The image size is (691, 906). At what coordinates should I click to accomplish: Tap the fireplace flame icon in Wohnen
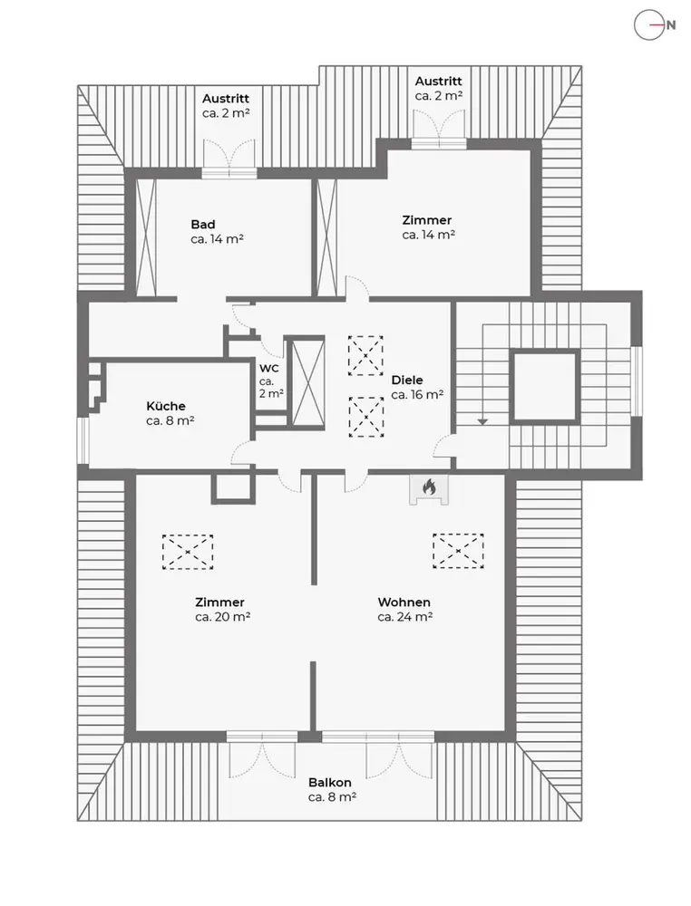coord(429,488)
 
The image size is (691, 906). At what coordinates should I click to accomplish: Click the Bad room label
coord(203,224)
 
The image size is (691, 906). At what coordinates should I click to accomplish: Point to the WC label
coord(269,369)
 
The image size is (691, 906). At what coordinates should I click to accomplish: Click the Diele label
coord(407,381)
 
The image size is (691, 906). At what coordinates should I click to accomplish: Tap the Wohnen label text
coord(404,602)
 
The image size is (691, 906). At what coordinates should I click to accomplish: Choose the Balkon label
coord(330,783)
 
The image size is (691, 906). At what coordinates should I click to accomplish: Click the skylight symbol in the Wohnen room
coord(458,550)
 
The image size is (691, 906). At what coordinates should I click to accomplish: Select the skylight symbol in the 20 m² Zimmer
coord(188,550)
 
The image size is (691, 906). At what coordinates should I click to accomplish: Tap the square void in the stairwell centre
coord(544,386)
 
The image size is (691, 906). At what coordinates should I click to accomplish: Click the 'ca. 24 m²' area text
coord(404,617)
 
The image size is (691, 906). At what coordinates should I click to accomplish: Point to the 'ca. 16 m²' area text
coord(418,395)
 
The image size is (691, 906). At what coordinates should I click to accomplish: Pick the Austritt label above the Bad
coord(226,99)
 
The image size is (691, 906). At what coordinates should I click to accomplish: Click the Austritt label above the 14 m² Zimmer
coord(440,81)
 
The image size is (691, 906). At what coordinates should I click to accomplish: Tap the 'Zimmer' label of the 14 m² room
coord(427,220)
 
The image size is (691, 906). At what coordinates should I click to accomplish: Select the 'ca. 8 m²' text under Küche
coord(170,421)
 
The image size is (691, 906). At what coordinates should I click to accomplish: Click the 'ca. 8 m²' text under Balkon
coord(331,797)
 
